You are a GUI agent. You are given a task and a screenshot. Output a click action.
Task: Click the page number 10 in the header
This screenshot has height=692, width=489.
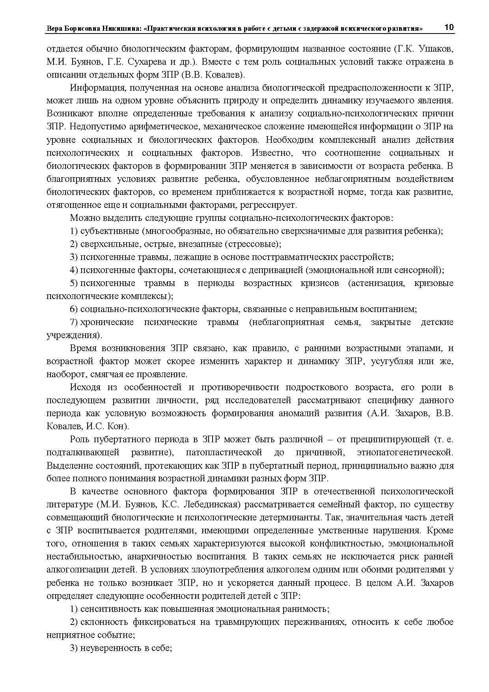pyautogui.click(x=449, y=28)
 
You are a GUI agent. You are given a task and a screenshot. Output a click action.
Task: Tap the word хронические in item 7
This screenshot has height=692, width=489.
pyautogui.click(x=107, y=322)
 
